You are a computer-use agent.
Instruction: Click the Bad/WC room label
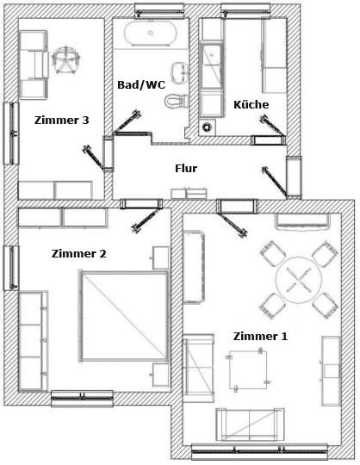tap(141, 84)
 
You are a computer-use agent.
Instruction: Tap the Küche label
tap(251, 104)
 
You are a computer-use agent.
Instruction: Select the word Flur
tap(186, 168)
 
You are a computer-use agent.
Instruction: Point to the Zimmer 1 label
tap(260, 337)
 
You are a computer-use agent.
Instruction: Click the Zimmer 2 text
tap(78, 253)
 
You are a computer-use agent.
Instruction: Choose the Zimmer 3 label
tap(61, 120)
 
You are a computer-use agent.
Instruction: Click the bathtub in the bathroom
tap(151, 34)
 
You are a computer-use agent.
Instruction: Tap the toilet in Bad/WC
tap(177, 101)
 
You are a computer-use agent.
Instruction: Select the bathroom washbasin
tap(180, 72)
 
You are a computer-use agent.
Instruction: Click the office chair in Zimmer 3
tap(65, 59)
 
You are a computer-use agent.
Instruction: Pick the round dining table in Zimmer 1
tap(299, 280)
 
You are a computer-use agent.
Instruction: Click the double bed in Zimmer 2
tap(124, 316)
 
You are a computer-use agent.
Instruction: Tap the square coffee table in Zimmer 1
tap(248, 369)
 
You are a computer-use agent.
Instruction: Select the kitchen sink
tap(211, 65)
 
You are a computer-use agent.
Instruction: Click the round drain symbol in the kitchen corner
tap(207, 127)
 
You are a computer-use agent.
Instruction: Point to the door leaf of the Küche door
tap(272, 126)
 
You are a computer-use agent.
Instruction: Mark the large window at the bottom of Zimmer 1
tap(260, 452)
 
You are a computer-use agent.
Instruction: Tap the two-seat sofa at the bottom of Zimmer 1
tap(250, 425)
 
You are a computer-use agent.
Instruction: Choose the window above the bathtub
tap(159, 10)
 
